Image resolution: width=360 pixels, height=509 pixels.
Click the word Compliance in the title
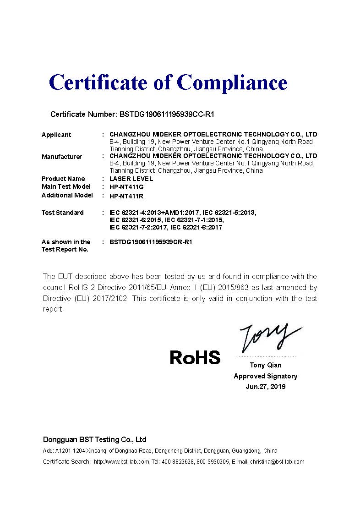coord(232,82)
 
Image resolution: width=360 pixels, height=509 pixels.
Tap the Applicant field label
coord(56,135)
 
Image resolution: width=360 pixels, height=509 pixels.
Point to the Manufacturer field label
coord(62,157)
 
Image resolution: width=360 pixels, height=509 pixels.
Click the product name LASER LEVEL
coord(131,179)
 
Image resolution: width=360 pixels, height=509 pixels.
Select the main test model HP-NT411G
coord(127,187)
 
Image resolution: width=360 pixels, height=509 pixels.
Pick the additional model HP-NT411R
coord(127,196)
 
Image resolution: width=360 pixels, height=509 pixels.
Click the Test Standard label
coord(63,213)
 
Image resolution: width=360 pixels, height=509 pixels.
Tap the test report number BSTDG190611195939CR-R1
coord(151,242)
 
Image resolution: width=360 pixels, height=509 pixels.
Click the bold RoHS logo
coord(195,357)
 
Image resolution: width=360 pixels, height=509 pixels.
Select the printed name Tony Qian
coord(266,365)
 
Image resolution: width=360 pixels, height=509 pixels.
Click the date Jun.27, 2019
coord(266,387)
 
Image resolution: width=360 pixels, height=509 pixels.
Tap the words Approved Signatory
coord(266,376)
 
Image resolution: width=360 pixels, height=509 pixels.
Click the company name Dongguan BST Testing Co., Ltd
coord(95,439)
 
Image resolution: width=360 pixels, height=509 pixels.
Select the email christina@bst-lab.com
coord(277,462)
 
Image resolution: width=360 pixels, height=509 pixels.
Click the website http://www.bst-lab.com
coord(121,462)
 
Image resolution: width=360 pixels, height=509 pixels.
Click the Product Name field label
coord(63,179)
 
